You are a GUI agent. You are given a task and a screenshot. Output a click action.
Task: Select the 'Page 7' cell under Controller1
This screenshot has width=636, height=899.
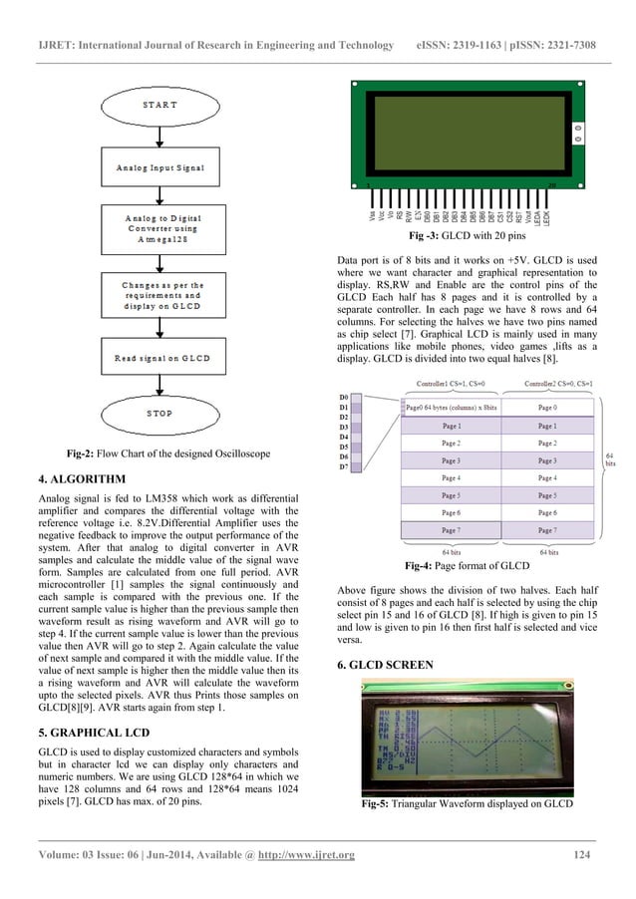coord(451,529)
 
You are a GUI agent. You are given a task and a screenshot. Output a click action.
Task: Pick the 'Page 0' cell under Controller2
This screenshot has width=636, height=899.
coord(546,408)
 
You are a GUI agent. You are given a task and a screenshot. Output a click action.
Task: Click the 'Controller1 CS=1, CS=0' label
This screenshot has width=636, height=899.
coord(451,383)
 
